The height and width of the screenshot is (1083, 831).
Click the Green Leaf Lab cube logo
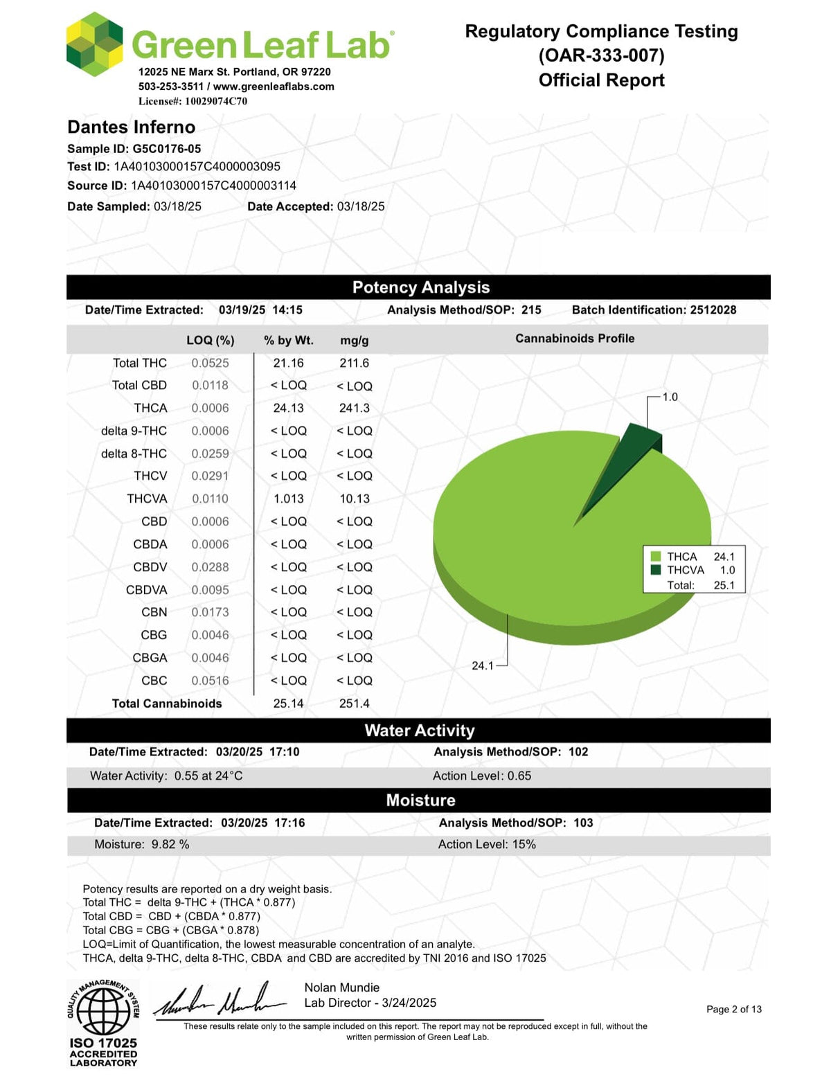tap(95, 44)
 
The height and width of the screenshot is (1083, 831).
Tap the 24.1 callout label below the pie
tap(483, 665)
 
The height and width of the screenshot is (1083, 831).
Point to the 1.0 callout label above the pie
tap(670, 397)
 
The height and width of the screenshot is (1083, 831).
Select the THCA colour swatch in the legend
tap(656, 556)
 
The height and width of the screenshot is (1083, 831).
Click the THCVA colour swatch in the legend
tap(656, 570)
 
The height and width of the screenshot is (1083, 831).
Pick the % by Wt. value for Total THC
tap(288, 363)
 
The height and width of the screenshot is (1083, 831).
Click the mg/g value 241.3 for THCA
tap(354, 408)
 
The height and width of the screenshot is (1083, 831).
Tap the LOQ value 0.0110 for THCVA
tap(210, 499)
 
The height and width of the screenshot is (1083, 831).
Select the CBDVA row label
tap(146, 590)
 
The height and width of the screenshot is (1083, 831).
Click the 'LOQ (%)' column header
tap(211, 340)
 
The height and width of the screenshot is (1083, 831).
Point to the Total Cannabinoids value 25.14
tap(288, 704)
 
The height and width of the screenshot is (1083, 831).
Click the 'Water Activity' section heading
tap(420, 731)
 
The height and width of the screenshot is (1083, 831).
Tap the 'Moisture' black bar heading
tap(420, 800)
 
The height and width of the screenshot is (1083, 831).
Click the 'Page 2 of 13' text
tap(733, 1009)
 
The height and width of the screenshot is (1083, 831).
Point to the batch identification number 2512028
tap(713, 310)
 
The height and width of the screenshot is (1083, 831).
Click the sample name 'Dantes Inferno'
tap(131, 127)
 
